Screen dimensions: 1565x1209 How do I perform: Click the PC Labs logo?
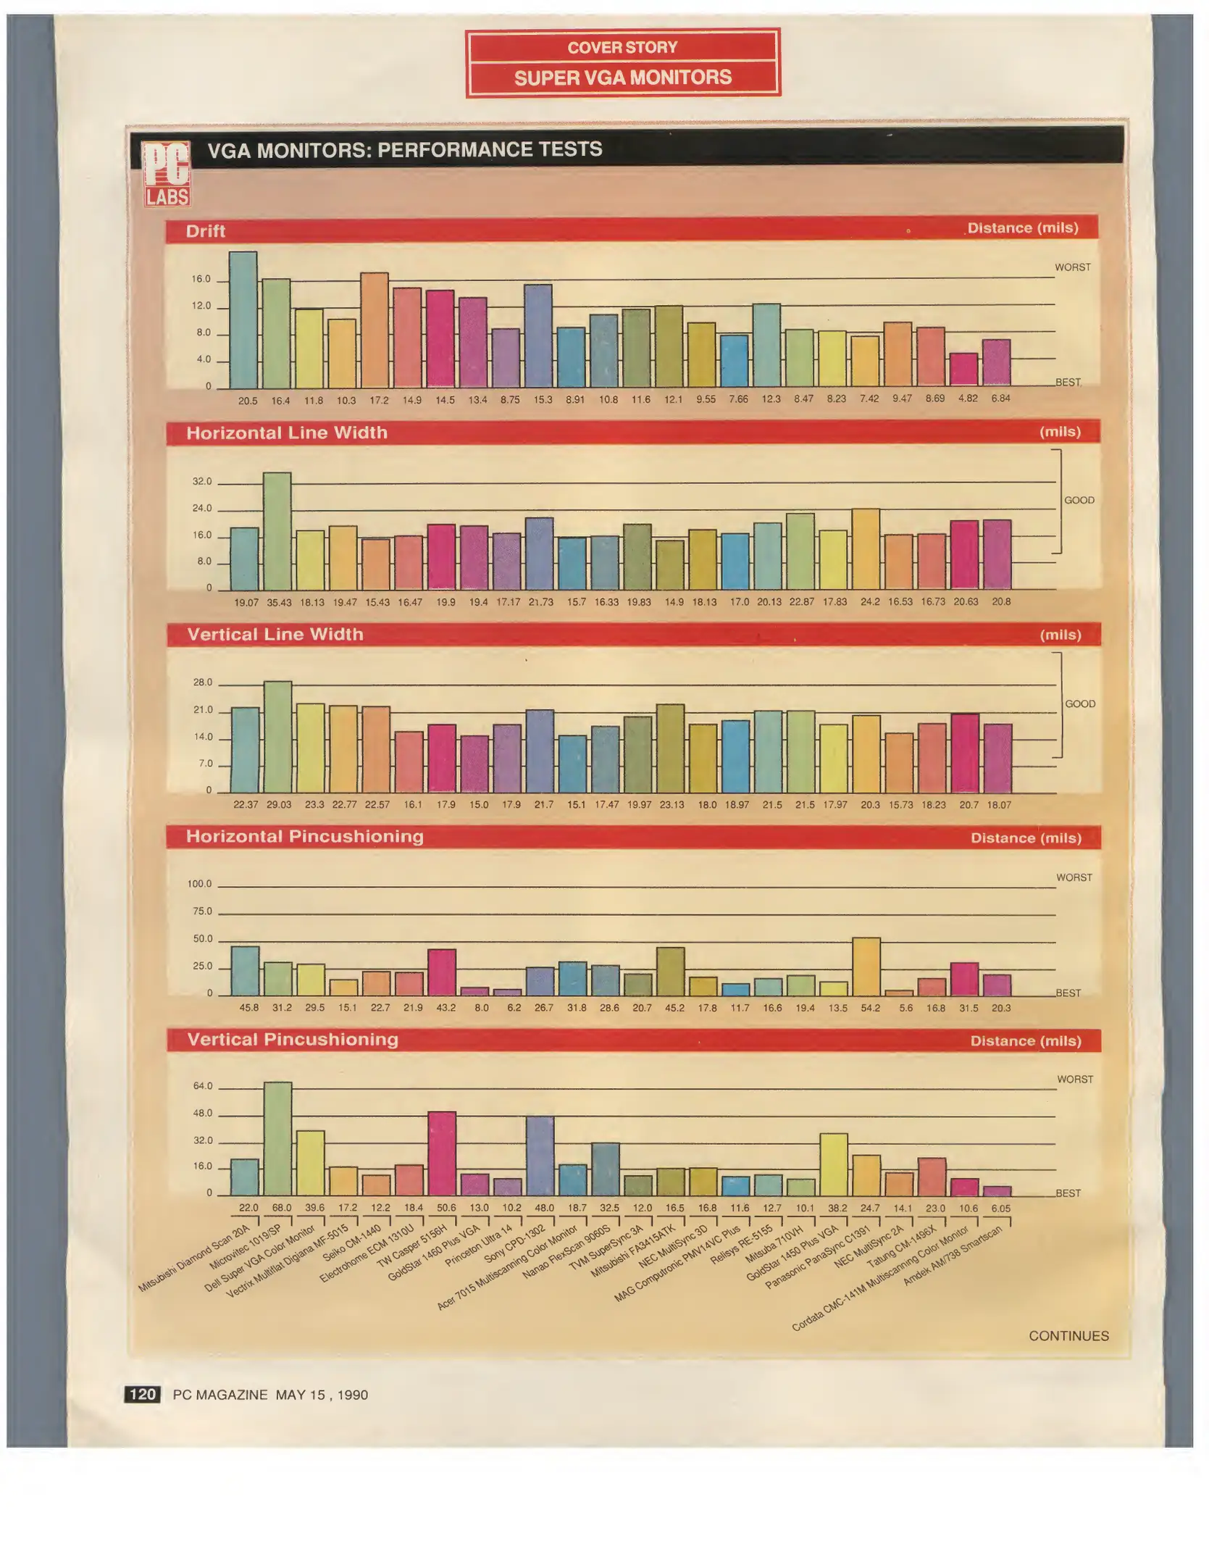pyautogui.click(x=167, y=173)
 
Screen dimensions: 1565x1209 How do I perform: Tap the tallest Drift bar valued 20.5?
pyautogui.click(x=243, y=320)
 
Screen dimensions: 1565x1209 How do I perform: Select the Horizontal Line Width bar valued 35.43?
pyautogui.click(x=277, y=530)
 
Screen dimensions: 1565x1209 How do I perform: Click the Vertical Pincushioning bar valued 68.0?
pyautogui.click(x=277, y=1138)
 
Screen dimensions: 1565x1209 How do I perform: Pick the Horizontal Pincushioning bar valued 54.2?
pyautogui.click(x=866, y=967)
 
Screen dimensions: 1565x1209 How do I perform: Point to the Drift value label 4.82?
pyautogui.click(x=968, y=398)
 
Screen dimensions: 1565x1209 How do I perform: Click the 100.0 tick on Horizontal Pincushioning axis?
pyautogui.click(x=200, y=884)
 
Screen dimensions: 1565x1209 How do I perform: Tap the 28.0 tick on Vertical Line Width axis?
pyautogui.click(x=203, y=683)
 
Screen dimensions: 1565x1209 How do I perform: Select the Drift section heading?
pyautogui.click(x=206, y=231)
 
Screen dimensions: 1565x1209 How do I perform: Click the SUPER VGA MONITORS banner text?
pyautogui.click(x=623, y=78)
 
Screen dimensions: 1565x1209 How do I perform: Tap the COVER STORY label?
pyautogui.click(x=623, y=48)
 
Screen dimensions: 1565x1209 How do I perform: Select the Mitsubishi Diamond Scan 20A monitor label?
pyautogui.click(x=194, y=1258)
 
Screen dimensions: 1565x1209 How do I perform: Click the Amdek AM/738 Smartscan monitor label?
pyautogui.click(x=953, y=1255)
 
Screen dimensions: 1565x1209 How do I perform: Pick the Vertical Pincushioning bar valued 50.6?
pyautogui.click(x=442, y=1153)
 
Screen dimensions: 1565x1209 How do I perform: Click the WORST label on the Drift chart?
pyautogui.click(x=1072, y=267)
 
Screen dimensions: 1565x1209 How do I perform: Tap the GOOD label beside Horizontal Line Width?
pyautogui.click(x=1079, y=501)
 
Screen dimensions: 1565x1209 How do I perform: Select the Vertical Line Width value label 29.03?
pyautogui.click(x=279, y=805)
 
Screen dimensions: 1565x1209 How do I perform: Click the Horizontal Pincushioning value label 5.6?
pyautogui.click(x=905, y=1008)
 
